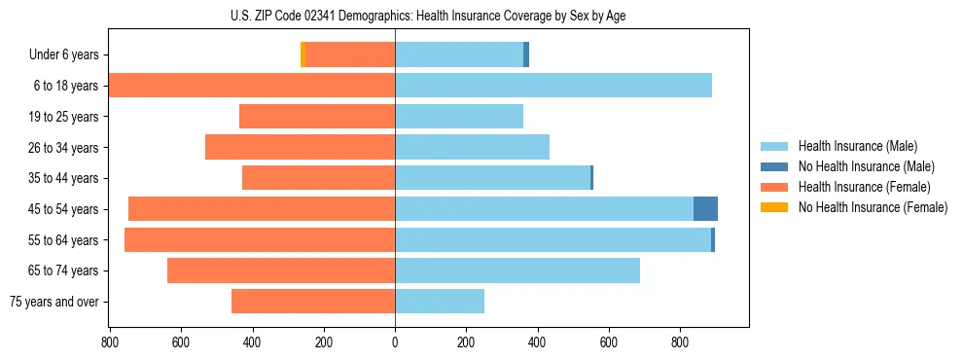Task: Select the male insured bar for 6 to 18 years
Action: click(553, 86)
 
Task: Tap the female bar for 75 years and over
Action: click(313, 302)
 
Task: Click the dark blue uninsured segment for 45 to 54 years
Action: click(705, 209)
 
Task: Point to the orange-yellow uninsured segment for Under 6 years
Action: click(303, 55)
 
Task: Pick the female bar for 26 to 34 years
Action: click(300, 147)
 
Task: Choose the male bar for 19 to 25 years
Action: click(459, 117)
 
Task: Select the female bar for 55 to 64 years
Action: click(260, 240)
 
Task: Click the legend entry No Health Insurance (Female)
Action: click(873, 207)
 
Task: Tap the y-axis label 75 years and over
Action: click(53, 302)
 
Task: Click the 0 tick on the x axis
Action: click(395, 342)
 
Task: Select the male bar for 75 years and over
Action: click(440, 302)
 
